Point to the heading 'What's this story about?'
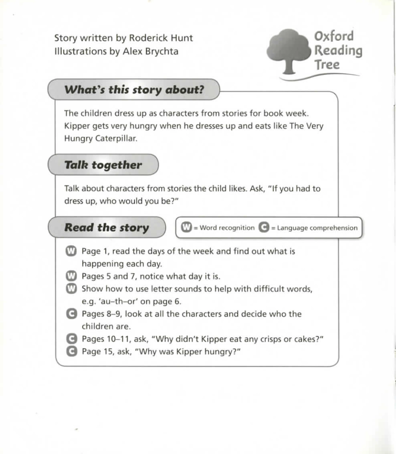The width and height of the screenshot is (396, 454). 134,90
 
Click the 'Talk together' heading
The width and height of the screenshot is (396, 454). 103,165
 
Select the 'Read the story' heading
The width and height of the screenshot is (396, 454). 106,228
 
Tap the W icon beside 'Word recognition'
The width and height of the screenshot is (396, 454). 187,228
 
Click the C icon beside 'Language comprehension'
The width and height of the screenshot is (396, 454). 263,228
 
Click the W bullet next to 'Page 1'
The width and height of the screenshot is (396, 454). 72,251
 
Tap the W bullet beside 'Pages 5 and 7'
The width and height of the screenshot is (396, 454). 72,276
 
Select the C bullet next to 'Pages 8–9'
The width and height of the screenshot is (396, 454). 72,314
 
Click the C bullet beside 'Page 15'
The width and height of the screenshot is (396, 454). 72,352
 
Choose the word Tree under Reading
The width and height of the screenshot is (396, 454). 327,65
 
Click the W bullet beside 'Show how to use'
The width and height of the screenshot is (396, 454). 72,289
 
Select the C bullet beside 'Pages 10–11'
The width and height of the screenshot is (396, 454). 72,339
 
